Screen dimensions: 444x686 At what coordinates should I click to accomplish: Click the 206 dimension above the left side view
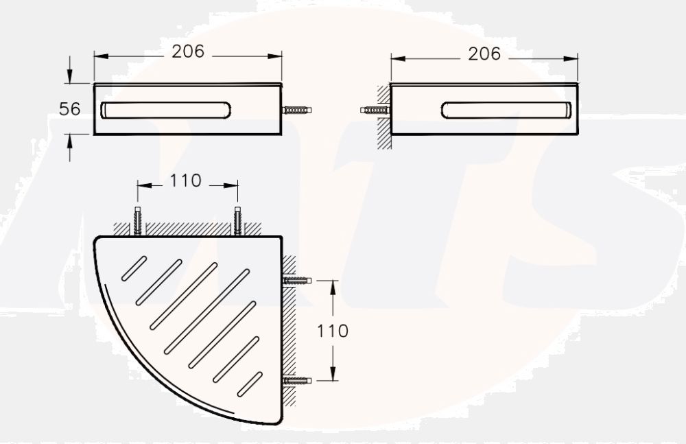point(188,51)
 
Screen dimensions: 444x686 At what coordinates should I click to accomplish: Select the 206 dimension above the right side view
point(484,54)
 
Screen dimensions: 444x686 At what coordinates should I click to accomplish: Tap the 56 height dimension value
point(69,109)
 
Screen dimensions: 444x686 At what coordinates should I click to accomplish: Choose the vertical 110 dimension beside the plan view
point(333,331)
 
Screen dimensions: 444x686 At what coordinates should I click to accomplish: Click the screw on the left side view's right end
point(297,110)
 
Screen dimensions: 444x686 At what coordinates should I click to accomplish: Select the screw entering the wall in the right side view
point(375,110)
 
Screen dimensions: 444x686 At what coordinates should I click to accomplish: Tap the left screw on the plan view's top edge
point(138,221)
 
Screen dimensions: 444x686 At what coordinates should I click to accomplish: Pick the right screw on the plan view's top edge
point(238,221)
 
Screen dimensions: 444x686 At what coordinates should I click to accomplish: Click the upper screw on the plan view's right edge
point(297,280)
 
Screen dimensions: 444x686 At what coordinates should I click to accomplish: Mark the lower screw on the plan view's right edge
point(297,380)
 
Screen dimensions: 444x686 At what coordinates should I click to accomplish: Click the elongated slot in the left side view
point(166,110)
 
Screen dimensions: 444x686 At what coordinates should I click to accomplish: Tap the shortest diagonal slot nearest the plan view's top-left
point(134,268)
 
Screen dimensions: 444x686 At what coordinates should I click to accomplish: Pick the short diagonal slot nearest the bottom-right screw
point(250,384)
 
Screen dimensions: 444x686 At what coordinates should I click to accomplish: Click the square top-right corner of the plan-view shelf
point(280,238)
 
